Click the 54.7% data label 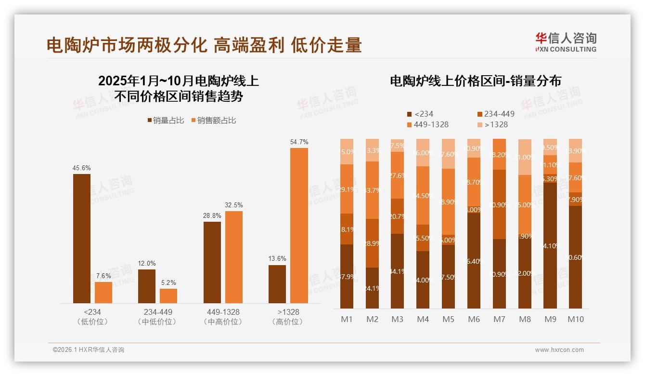299,142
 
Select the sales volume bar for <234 82,238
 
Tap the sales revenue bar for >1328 299,225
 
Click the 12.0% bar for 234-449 147,286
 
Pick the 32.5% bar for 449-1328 234,257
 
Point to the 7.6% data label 103,276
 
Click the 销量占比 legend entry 166,121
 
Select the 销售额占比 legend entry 214,121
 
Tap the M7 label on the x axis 499,319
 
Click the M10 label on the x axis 576,319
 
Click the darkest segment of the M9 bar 550,245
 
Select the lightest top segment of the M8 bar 525,157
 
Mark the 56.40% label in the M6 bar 474,261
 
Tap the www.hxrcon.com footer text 559,350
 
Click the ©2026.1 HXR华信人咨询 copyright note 89,350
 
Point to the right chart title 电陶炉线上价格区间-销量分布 475,81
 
